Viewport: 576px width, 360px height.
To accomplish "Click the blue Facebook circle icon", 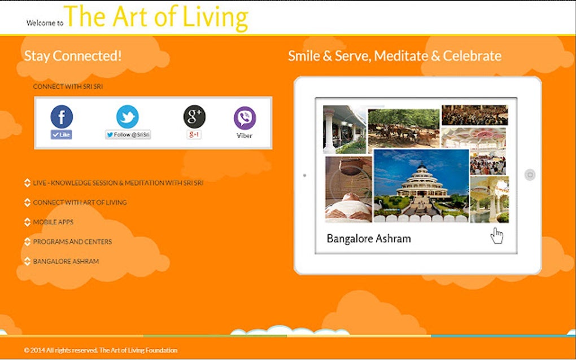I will click(62, 117).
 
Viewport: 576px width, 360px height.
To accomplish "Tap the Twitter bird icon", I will click(127, 117).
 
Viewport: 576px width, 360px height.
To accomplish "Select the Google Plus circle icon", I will click(194, 117).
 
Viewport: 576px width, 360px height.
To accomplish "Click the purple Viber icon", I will click(245, 118).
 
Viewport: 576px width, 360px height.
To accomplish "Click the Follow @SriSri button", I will click(128, 135).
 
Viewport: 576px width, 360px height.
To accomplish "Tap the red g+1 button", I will click(194, 135).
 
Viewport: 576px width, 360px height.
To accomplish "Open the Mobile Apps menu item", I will click(53, 222).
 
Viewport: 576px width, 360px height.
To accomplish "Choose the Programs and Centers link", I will click(72, 242).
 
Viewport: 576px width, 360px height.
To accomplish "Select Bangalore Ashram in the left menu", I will click(66, 262).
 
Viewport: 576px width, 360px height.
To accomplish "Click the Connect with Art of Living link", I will click(80, 203).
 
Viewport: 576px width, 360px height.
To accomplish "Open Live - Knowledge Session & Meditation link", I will click(117, 183).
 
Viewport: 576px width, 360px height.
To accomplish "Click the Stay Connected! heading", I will click(73, 56).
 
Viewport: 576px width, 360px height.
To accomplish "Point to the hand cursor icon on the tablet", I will click(497, 235).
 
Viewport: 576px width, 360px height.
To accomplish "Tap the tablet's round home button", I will click(530, 175).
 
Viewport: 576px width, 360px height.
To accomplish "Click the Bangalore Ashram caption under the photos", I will click(369, 239).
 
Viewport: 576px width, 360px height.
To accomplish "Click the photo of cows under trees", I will click(403, 128).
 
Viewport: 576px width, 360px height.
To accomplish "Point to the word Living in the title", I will click(215, 17).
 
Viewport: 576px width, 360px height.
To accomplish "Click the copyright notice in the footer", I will click(101, 350).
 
